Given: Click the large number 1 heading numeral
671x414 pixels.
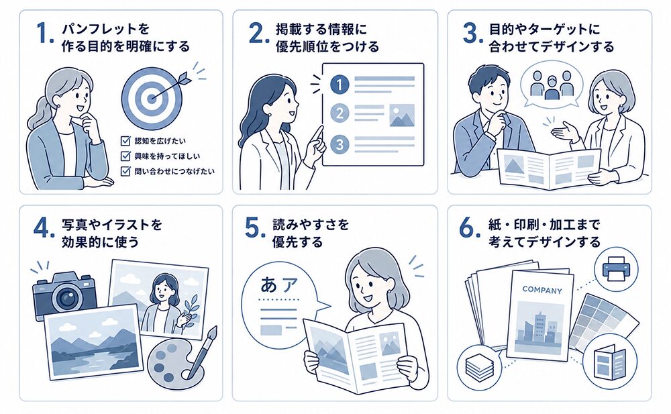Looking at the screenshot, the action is pos(43,34).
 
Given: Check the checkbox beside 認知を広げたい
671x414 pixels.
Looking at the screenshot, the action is pos(126,140).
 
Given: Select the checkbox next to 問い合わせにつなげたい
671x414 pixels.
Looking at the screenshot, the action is pos(126,171).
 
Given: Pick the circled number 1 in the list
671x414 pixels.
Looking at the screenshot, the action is pos(340,85).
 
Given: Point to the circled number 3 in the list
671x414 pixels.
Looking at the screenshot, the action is pos(340,144).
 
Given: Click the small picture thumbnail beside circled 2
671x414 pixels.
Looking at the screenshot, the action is pos(402,115).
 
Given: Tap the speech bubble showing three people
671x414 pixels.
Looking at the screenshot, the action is pos(551,85).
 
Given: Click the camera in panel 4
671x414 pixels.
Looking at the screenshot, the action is pos(64,293).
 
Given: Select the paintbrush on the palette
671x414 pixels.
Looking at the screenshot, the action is pos(203,351).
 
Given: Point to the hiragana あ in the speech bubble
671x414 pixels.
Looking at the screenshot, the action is pos(268,284).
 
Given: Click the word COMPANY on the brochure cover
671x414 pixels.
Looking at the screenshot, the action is pos(542,291).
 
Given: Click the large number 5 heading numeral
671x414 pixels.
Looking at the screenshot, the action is pos(252,228).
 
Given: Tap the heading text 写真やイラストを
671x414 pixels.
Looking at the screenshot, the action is pos(112,224).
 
